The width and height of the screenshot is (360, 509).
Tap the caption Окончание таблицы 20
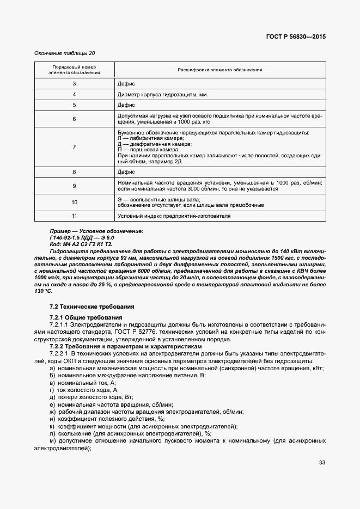click(x=65, y=53)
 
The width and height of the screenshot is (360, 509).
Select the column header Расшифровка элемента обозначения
click(x=220, y=70)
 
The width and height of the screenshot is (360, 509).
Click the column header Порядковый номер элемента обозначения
click(x=74, y=70)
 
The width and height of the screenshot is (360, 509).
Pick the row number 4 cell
click(x=74, y=94)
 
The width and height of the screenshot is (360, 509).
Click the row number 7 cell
click(x=74, y=147)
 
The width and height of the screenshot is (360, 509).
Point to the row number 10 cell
click(x=74, y=203)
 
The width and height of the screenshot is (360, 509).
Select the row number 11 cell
click(x=74, y=217)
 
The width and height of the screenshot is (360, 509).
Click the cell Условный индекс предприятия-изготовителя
click(x=174, y=217)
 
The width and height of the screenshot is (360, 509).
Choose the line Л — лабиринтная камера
click(x=151, y=138)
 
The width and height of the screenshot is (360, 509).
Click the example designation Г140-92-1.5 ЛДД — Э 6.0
click(x=82, y=238)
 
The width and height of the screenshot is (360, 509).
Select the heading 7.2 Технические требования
click(x=88, y=308)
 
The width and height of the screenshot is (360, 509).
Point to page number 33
click(x=322, y=463)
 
